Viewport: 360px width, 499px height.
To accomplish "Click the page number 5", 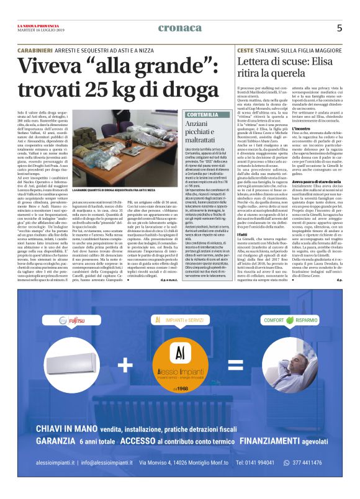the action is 340,28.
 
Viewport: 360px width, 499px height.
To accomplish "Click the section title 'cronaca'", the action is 179,28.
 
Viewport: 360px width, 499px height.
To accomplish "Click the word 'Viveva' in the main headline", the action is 50,65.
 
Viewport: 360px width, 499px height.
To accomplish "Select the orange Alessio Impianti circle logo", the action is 179,363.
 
